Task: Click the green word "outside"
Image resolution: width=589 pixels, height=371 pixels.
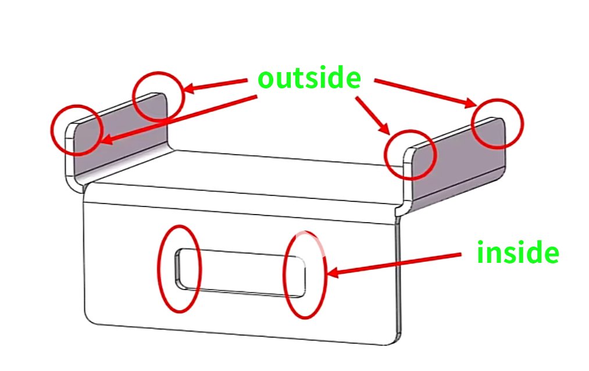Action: tap(309, 78)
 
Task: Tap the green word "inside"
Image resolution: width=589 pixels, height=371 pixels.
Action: tap(517, 253)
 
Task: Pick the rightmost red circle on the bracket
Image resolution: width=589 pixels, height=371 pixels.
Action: tap(497, 123)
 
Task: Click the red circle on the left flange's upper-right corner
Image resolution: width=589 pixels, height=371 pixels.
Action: tap(159, 97)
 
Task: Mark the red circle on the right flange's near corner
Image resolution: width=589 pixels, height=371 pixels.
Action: tap(409, 155)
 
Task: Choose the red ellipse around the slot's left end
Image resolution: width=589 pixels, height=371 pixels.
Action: tap(180, 269)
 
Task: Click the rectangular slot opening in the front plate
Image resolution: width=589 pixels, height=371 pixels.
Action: tap(241, 272)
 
